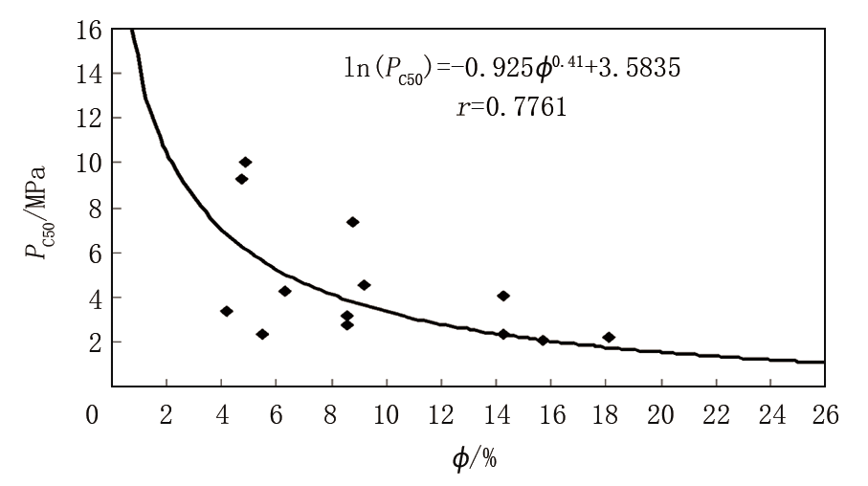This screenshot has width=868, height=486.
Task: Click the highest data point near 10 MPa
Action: point(245,162)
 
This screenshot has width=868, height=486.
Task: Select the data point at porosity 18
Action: point(609,337)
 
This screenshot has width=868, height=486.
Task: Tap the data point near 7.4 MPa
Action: point(352,222)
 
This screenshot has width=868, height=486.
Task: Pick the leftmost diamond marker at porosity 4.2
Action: point(226,311)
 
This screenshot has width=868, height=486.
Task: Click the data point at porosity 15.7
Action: point(543,340)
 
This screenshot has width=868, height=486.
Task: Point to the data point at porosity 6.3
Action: point(284,291)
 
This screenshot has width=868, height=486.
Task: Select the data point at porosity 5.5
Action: point(262,334)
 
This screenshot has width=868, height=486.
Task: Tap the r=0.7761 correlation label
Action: point(512,108)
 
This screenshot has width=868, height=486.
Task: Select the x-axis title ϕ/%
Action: point(475,458)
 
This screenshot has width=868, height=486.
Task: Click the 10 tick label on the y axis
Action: point(89,163)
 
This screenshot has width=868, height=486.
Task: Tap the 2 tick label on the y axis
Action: point(95,342)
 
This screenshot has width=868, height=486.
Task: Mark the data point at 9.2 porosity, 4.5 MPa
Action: point(364,285)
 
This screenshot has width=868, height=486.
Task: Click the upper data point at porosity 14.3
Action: point(503,296)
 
